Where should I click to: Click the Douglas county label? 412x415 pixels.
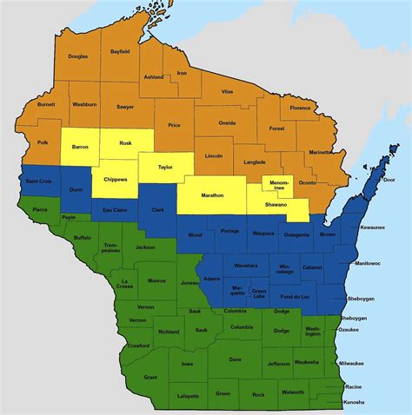[x=78, y=56]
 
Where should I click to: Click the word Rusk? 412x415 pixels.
[x=125, y=143]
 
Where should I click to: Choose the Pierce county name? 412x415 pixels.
[x=40, y=209]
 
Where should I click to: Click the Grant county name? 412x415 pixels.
[x=150, y=377]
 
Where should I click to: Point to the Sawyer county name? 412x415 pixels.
[x=125, y=107]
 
